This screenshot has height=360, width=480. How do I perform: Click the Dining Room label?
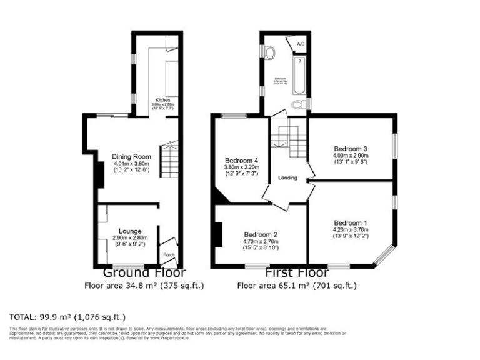click(132, 156)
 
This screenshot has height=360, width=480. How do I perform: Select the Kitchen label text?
click(162, 100)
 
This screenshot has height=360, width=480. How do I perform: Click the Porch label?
click(168, 255)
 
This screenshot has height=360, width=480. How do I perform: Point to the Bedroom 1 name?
click(350, 223)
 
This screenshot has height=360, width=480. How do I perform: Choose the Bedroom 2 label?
click(261, 235)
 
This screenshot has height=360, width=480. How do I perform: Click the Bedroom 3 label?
click(351, 149)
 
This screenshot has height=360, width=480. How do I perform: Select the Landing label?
click(287, 178)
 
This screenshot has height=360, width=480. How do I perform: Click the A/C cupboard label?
click(300, 44)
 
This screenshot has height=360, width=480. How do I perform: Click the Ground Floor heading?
click(144, 273)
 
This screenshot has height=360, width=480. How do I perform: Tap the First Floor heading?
click(297, 273)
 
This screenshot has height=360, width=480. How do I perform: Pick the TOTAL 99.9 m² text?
click(67, 317)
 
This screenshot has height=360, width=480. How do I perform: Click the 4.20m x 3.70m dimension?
click(350, 230)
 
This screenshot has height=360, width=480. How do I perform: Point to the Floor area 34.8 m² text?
click(144, 286)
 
